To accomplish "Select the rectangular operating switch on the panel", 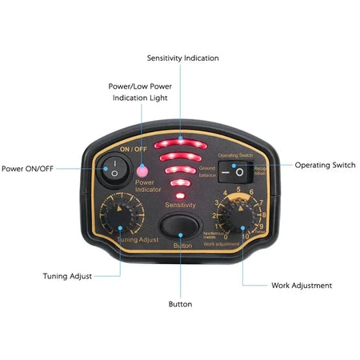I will coord(236,171).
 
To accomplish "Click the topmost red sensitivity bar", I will coord(182,146).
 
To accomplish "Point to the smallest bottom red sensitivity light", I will coord(181,194).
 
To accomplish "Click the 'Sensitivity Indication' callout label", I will coord(182,58).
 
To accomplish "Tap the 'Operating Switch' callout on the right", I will coord(325,165).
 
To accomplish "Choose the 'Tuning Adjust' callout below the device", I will coord(67,276).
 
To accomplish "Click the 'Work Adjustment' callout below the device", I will coord(302,285).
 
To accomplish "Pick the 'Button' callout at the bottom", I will coord(180,304).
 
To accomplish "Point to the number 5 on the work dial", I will coord(240,190).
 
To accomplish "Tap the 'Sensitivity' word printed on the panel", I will coord(180,206).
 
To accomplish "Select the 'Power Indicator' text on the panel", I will coord(150,186).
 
